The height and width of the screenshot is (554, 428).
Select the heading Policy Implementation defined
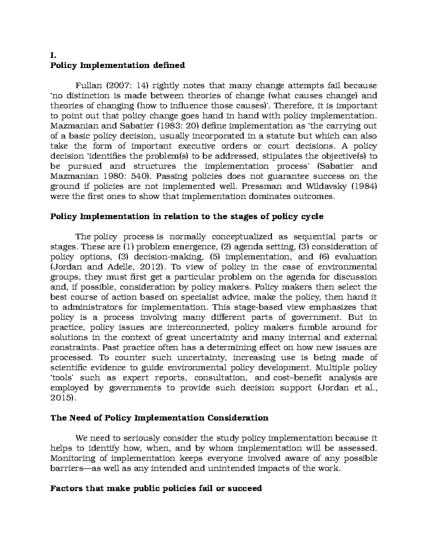click(x=118, y=66)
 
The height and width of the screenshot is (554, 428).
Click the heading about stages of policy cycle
click(x=187, y=217)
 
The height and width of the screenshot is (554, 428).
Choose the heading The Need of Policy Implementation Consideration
click(x=159, y=418)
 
